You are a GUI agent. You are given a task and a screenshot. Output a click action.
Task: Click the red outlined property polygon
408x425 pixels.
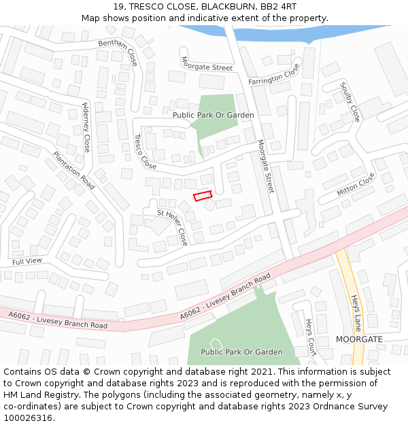click(203, 196)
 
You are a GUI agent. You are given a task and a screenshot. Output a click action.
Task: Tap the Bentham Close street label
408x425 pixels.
click(118, 52)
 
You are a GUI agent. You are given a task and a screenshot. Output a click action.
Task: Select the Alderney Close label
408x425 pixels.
click(86, 127)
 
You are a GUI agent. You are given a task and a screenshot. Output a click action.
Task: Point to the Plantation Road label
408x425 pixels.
click(74, 170)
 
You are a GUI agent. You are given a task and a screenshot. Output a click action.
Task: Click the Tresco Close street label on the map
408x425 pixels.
click(145, 152)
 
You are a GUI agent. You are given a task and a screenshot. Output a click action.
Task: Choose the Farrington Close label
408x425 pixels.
click(274, 73)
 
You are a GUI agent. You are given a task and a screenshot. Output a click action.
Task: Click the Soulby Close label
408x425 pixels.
click(350, 103)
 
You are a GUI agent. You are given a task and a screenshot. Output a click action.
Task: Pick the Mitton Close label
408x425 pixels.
click(356, 184)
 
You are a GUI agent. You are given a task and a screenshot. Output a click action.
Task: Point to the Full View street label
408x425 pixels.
click(27, 261)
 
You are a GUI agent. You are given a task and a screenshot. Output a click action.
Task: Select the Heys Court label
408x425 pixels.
click(311, 337)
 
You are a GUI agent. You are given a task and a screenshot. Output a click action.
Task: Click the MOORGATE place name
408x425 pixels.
click(359, 339)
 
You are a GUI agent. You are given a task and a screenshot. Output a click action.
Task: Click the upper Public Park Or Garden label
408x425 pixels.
click(213, 115)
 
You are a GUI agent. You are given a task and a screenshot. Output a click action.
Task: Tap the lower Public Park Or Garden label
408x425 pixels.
click(241, 352)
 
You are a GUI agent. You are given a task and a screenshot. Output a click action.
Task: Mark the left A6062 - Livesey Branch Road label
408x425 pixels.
click(58, 320)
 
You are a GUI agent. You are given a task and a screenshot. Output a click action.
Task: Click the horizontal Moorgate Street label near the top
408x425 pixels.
click(207, 63)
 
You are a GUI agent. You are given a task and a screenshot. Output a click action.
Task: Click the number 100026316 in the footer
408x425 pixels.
click(27, 418)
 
